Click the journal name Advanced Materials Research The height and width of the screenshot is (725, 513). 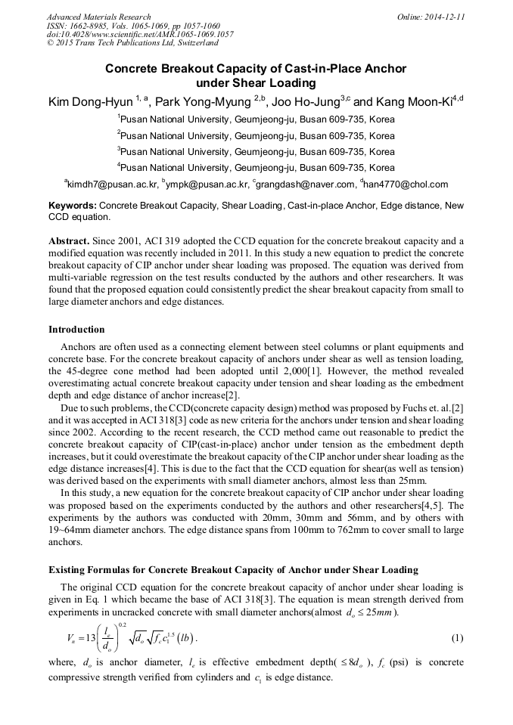(x=98, y=17)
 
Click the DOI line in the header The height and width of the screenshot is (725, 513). (x=140, y=35)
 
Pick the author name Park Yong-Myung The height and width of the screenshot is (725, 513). (x=204, y=102)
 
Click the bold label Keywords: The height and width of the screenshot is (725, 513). (x=73, y=206)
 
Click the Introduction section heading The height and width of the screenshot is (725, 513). (x=76, y=330)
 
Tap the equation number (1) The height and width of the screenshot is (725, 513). (x=457, y=638)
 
